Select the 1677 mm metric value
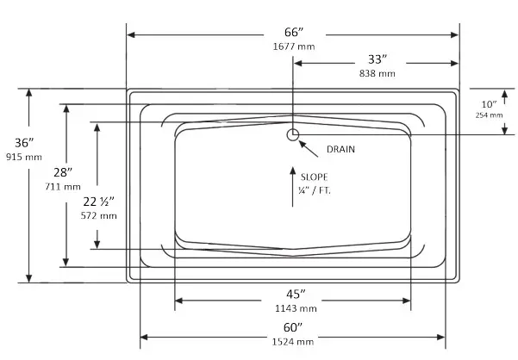point(292,47)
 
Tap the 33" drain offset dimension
point(378,59)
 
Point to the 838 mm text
point(378,74)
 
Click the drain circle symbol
point(293,133)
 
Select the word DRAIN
point(340,150)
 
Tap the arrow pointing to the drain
point(308,145)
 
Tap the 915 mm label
point(23,157)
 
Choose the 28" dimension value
point(65,171)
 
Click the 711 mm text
point(66,186)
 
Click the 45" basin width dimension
point(294,292)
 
